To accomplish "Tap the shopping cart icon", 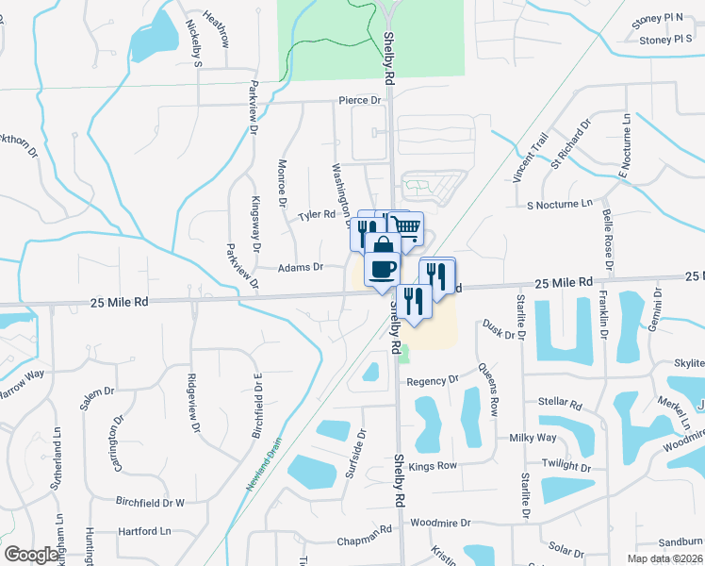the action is pyautogui.click(x=406, y=227).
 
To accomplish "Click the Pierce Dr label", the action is pyautogui.click(x=360, y=100).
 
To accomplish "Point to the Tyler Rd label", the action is pyautogui.click(x=317, y=215).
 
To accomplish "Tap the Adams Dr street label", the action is pyautogui.click(x=300, y=267).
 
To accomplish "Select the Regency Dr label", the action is pyautogui.click(x=432, y=380).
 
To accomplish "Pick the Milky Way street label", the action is pyautogui.click(x=533, y=438).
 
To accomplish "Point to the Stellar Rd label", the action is pyautogui.click(x=559, y=403).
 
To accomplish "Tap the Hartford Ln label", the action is pyautogui.click(x=146, y=532).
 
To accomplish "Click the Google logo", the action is pyautogui.click(x=32, y=555).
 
